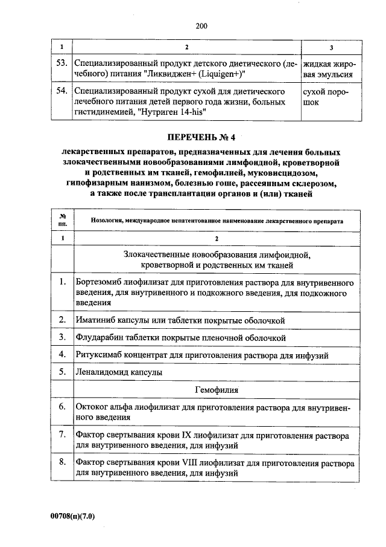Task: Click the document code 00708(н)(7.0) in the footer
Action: click(74, 516)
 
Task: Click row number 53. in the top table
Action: click(60, 63)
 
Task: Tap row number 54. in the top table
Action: click(60, 91)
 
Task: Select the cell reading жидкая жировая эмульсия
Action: click(329, 69)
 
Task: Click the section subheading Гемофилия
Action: click(217, 390)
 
